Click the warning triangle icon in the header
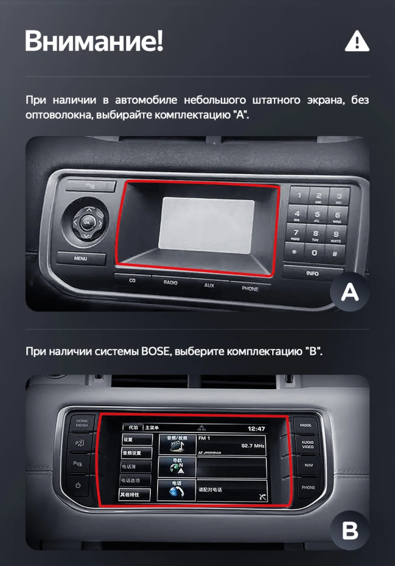pyautogui.click(x=357, y=41)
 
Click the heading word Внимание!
pyautogui.click(x=93, y=41)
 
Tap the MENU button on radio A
pyautogui.click(x=82, y=258)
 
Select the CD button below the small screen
pyautogui.click(x=132, y=281)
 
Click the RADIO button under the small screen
pyautogui.click(x=171, y=282)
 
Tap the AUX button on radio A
pyautogui.click(x=209, y=285)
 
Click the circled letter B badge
pyautogui.click(x=350, y=532)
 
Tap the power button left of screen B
pyautogui.click(x=78, y=485)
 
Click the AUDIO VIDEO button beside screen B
pyautogui.click(x=308, y=445)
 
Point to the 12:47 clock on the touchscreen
pyautogui.click(x=257, y=429)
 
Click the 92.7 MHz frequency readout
pyautogui.click(x=253, y=446)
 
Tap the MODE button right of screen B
pyautogui.click(x=306, y=425)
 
